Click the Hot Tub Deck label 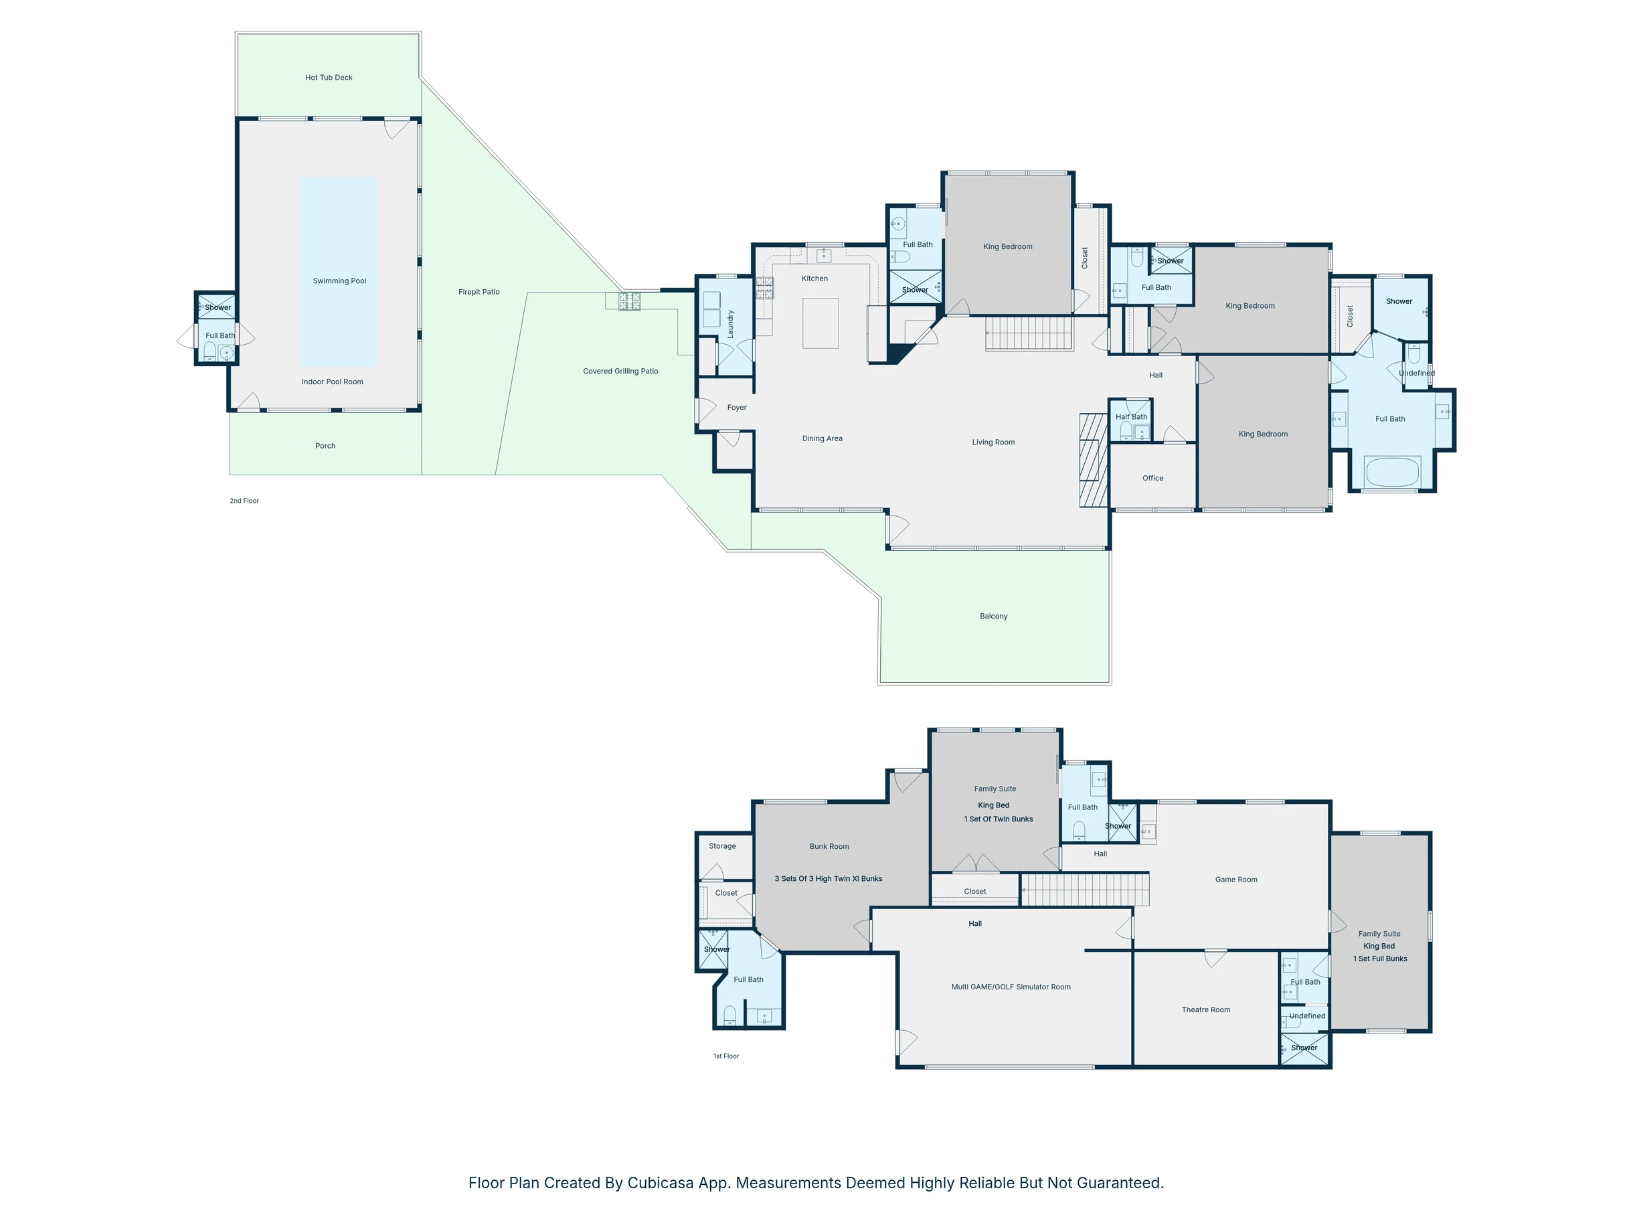[329, 78]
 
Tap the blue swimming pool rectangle [339, 272]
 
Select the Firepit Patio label [479, 293]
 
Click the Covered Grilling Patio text [620, 372]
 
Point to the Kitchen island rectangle [821, 323]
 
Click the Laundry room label [731, 324]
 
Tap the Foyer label [737, 408]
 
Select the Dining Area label [823, 438]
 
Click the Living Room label [993, 442]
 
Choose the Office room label [1152, 479]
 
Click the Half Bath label [1131, 417]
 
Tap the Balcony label [994, 617]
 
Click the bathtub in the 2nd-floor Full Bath [1391, 473]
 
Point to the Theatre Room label [1205, 1010]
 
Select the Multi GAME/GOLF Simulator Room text [1011, 987]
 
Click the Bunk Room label [829, 847]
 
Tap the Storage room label [722, 846]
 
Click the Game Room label [1236, 880]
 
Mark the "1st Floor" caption [725, 1056]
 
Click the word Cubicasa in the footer [661, 1183]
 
